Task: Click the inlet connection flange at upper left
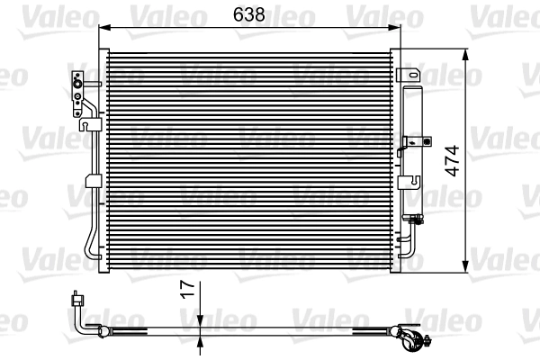click(x=78, y=89)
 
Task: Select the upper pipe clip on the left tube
click(x=92, y=127)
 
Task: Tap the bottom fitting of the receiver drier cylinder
click(x=415, y=218)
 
